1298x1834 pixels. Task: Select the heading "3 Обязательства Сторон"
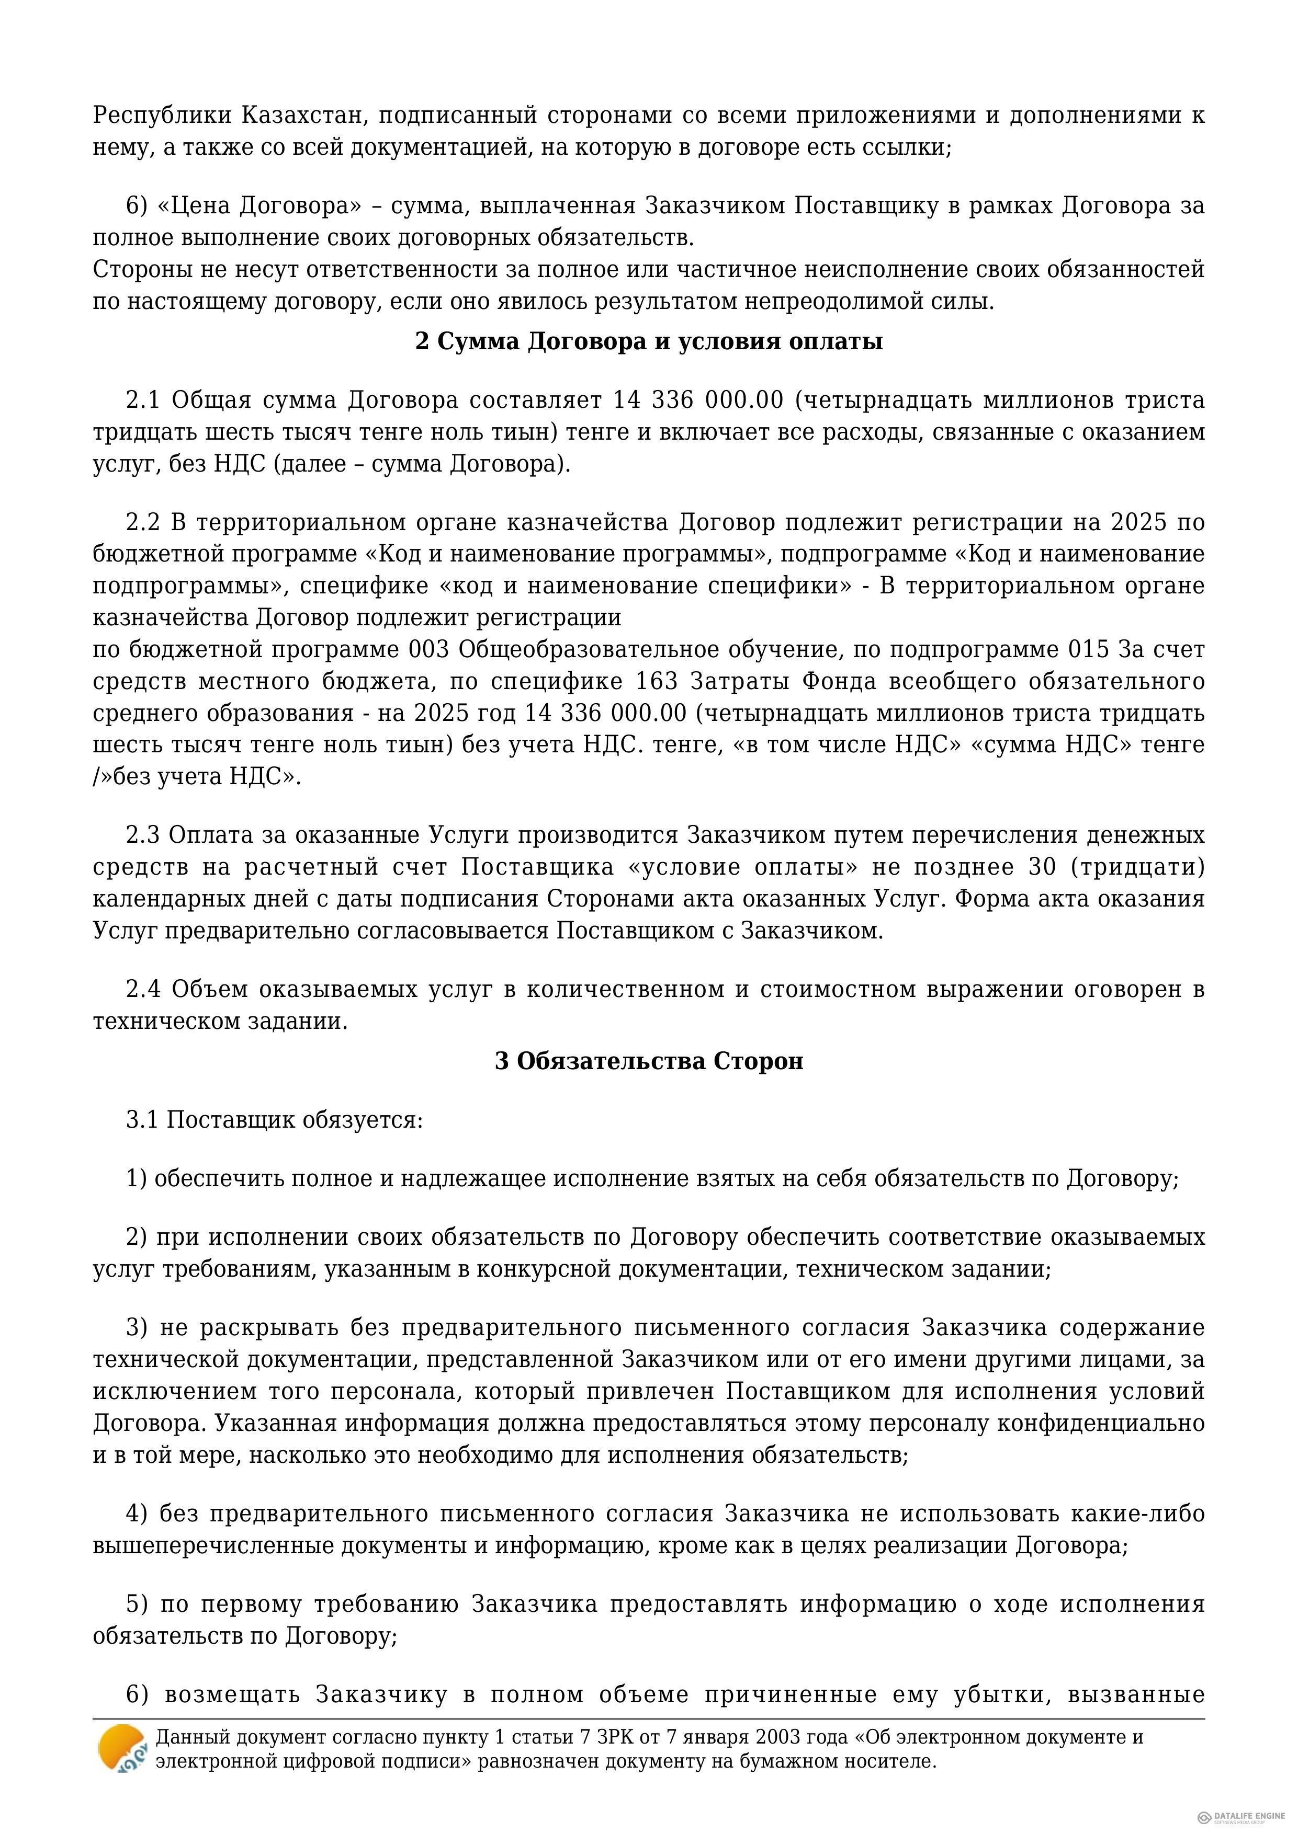[648, 1062]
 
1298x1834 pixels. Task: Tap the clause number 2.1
[143, 400]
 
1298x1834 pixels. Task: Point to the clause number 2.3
[143, 835]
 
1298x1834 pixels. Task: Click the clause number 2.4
[143, 990]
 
